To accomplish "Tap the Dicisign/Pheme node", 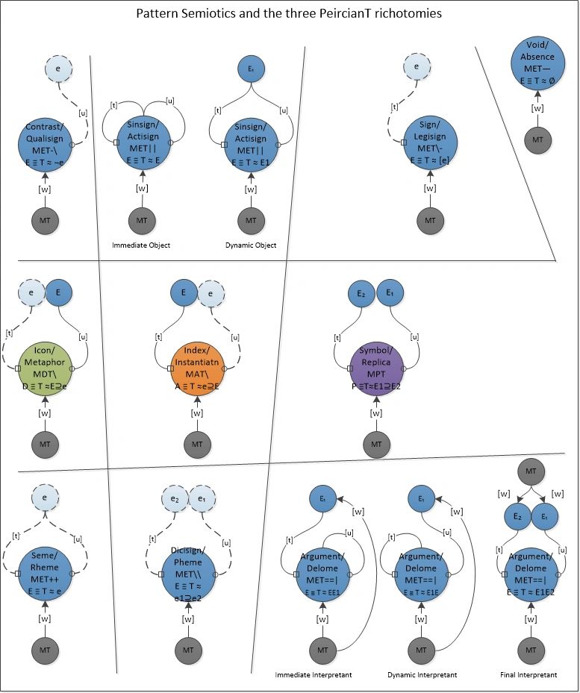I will pos(188,573).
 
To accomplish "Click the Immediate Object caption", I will pos(142,245).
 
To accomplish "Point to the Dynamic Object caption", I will pos(251,245).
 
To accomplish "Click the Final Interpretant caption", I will pos(528,675).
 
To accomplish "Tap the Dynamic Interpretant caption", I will pos(422,675).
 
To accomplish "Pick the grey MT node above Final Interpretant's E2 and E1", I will pos(530,471).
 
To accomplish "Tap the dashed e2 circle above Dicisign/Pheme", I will pos(175,498).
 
